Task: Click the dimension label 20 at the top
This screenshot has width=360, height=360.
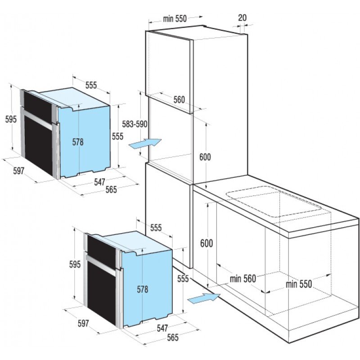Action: coord(242,18)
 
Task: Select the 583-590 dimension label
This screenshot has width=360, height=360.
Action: coord(135,124)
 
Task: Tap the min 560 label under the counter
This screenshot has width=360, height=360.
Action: coord(243,279)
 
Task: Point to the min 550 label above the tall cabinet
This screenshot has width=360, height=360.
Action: coord(175,18)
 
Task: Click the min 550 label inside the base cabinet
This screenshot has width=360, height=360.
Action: coord(299,284)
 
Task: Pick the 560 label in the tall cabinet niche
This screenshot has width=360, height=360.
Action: coord(179,99)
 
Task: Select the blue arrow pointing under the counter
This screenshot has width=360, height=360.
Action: coord(204,298)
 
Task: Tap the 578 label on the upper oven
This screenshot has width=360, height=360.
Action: coord(78,142)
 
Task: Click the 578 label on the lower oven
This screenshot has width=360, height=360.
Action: coord(143,289)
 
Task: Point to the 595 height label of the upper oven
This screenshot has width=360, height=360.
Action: coord(11,119)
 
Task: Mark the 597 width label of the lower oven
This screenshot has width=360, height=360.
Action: coord(83,323)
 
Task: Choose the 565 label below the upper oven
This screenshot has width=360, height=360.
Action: coord(111,189)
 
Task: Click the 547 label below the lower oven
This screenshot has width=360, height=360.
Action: coord(162,328)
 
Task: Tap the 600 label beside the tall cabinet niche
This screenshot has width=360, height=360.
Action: coord(205,157)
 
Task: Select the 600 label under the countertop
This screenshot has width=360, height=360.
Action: coord(207,243)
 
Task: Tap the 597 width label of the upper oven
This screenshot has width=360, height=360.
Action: coord(18,171)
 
